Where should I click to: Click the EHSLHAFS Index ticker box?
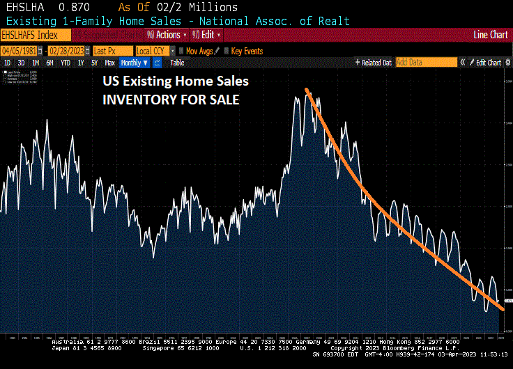point(35,34)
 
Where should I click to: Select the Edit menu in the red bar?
point(209,34)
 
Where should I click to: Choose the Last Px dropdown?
point(112,51)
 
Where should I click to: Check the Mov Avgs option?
point(199,51)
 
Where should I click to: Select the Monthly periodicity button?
point(135,63)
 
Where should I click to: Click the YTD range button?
point(66,63)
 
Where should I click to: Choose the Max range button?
point(109,63)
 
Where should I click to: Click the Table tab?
point(177,63)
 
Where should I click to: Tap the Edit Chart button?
point(488,63)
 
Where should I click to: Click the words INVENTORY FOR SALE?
point(171,100)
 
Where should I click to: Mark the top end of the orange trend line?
point(307,89)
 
